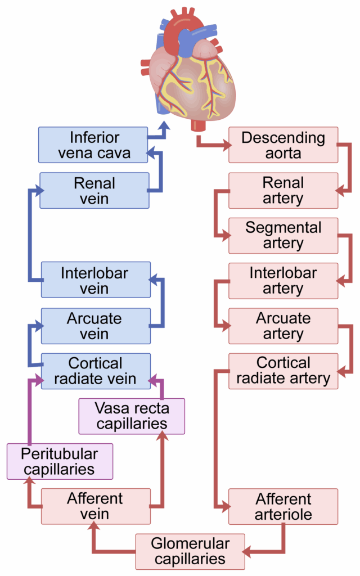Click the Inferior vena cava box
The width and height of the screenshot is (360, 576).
94,145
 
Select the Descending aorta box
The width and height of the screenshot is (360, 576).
283,145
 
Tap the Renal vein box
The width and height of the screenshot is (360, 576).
94,191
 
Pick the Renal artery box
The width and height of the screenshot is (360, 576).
283,191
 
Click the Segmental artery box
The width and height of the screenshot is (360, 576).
283,236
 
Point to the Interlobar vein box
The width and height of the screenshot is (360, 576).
96,281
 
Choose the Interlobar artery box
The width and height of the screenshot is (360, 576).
283,281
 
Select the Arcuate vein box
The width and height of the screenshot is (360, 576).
96,326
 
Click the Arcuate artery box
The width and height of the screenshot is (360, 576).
283,326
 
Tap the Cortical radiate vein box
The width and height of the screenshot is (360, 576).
96,371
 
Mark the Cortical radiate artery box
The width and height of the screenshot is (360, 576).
283,371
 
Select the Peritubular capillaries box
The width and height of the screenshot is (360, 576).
60,461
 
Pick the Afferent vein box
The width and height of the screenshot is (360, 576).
96,506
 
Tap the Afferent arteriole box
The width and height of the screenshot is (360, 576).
283,506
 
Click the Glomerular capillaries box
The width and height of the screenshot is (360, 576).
190,552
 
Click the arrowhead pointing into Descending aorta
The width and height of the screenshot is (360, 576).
226,145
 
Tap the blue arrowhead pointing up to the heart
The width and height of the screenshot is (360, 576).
164,125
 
